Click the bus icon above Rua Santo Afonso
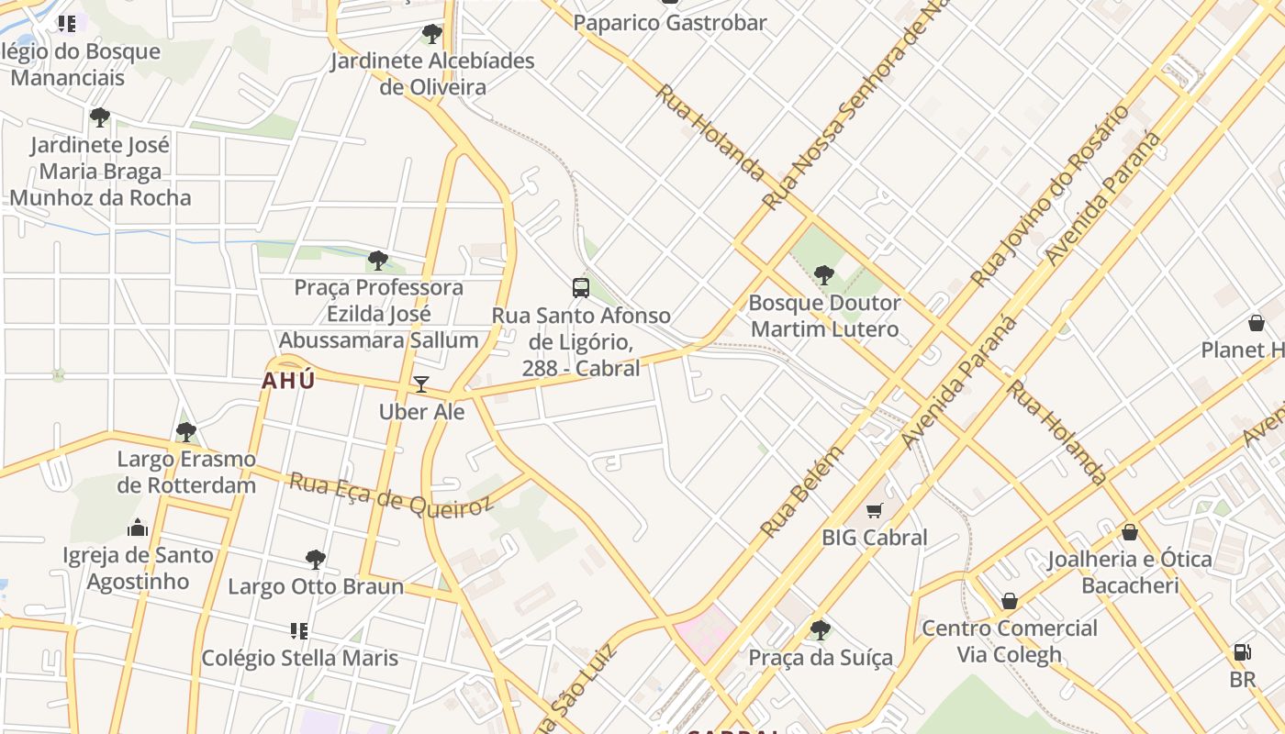(x=581, y=287)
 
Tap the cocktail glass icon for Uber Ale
(x=421, y=384)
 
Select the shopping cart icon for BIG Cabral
(x=874, y=510)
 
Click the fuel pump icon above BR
(x=1242, y=652)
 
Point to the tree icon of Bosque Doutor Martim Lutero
(x=823, y=274)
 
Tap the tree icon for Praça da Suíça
(x=820, y=629)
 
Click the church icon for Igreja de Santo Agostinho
(x=138, y=528)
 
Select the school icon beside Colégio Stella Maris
(x=298, y=630)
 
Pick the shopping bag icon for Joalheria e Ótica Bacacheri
(x=1130, y=532)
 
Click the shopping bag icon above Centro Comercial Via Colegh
(x=1010, y=601)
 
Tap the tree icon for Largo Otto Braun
(x=315, y=559)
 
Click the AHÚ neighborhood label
(x=288, y=381)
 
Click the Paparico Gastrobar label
(x=670, y=22)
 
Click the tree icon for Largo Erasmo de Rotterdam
(x=186, y=431)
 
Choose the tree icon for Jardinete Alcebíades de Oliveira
(x=431, y=35)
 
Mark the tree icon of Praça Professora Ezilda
(x=378, y=261)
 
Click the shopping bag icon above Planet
(x=1257, y=323)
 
